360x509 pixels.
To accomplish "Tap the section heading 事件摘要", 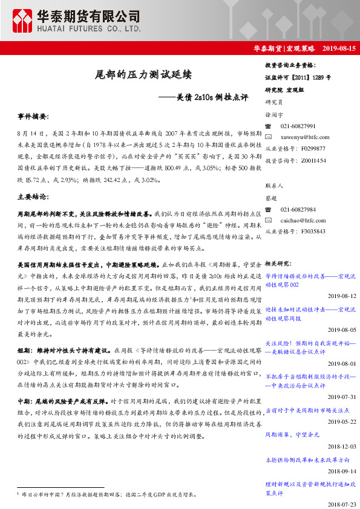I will [33, 115].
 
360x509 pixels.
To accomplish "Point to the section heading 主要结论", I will [33, 197].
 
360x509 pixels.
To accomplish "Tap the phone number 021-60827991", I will [298, 126].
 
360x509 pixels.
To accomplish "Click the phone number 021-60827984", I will [298, 209].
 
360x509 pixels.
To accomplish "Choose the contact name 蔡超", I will [272, 198].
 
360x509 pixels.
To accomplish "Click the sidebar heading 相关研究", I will [278, 264].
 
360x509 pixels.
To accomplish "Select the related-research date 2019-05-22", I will [342, 422].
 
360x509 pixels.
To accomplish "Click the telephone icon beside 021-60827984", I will [269, 209].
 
